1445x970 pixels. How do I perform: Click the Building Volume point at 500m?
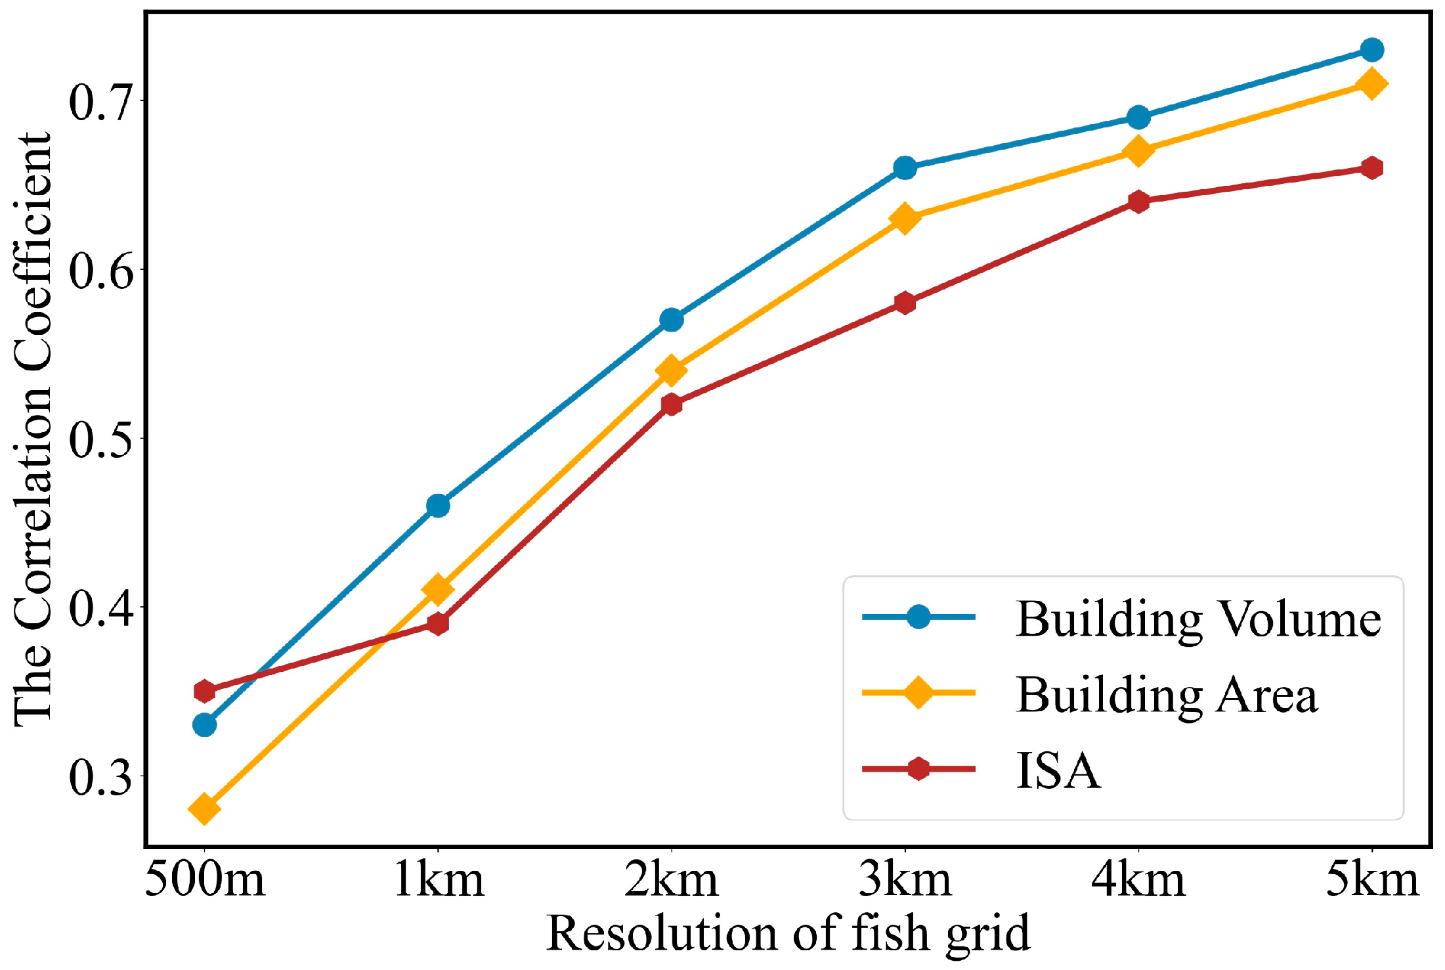click(204, 725)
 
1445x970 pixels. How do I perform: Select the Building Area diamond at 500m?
click(204, 808)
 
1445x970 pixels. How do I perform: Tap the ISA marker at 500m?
click(204, 691)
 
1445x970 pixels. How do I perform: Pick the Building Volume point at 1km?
click(438, 506)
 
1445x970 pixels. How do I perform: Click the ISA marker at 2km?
click(672, 404)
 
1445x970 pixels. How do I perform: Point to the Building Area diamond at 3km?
click(905, 218)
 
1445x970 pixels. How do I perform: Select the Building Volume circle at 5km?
click(1372, 50)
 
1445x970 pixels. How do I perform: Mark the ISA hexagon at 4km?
click(1138, 201)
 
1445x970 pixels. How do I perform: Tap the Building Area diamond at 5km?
click(1372, 83)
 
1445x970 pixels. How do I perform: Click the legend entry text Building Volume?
click(1198, 619)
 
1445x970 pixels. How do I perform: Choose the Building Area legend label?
click(1167, 695)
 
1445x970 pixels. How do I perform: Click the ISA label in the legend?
click(1058, 770)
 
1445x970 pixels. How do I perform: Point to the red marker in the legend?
click(918, 768)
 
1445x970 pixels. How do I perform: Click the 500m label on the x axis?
click(204, 880)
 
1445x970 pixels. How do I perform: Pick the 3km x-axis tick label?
click(905, 880)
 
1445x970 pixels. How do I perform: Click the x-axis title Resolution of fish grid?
click(788, 934)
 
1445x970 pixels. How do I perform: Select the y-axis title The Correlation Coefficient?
click(33, 430)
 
